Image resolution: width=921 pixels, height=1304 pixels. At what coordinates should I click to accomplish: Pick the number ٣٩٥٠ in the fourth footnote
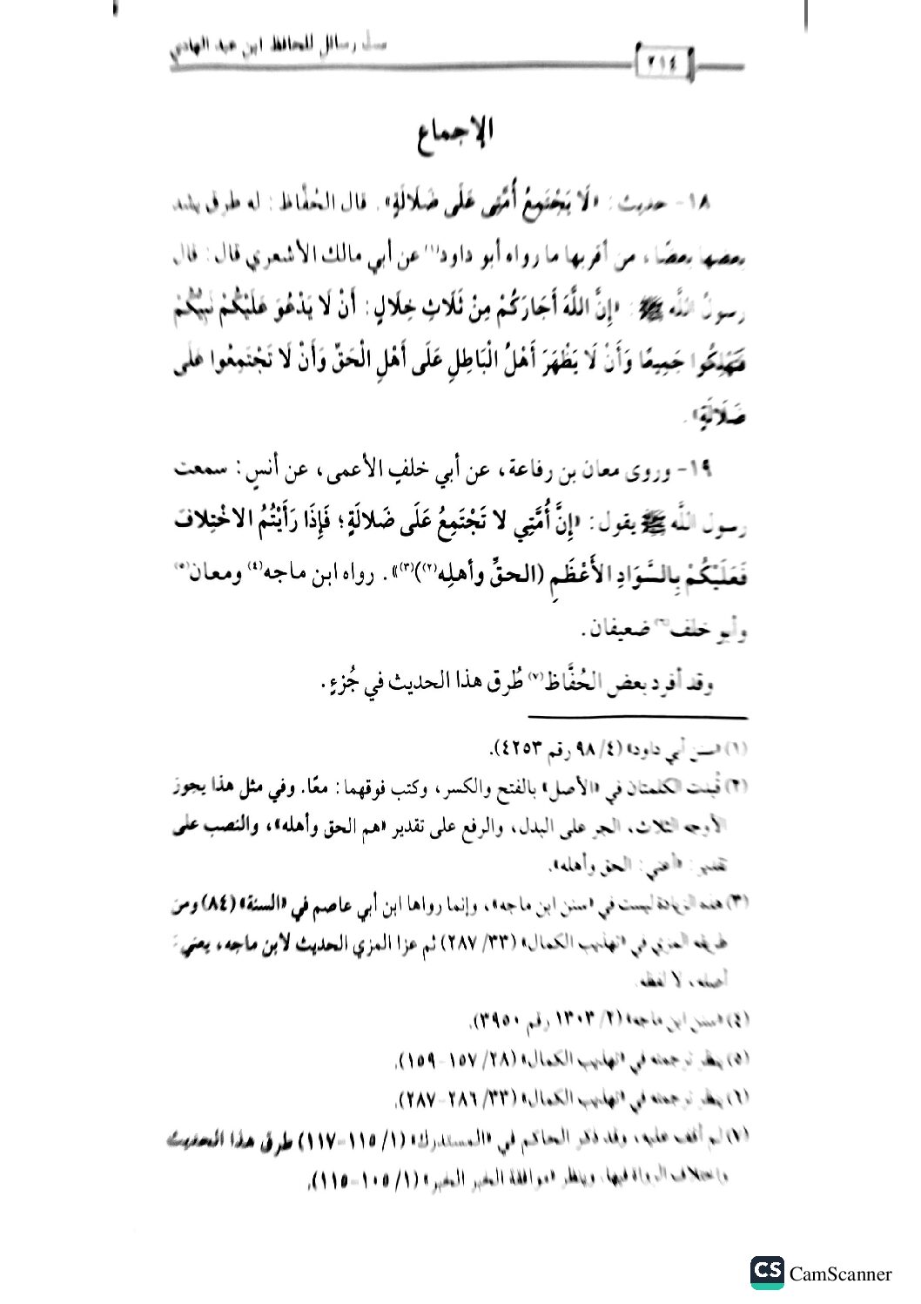click(x=505, y=1020)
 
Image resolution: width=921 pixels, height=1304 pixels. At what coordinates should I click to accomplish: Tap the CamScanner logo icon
click(x=767, y=1273)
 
